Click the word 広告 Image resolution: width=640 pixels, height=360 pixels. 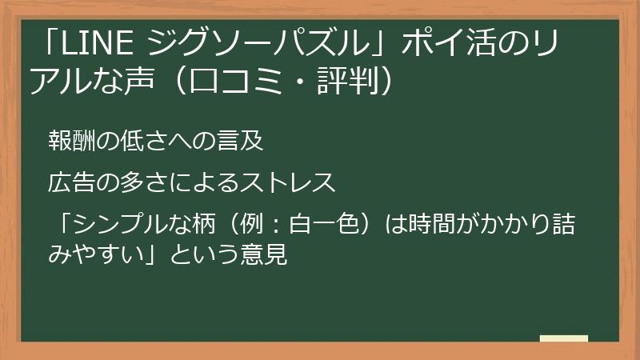[x=70, y=182]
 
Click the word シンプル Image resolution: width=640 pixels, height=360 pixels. [x=118, y=225]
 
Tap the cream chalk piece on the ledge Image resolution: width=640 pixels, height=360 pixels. [x=564, y=338]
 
